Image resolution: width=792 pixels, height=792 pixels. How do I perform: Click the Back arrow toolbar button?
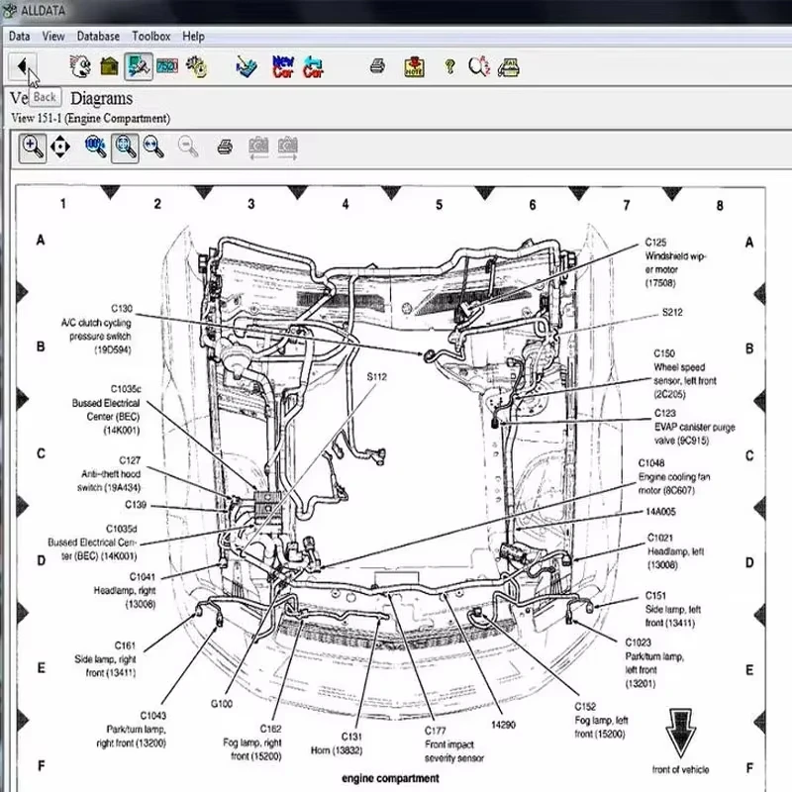click(x=22, y=66)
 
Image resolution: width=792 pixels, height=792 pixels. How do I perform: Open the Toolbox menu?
click(x=151, y=36)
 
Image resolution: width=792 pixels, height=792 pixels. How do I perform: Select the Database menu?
click(x=98, y=36)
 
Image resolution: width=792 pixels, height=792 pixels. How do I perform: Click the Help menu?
click(x=194, y=36)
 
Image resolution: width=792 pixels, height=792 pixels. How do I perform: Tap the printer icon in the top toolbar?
click(x=377, y=66)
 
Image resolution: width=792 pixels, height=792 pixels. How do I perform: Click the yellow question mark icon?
click(x=449, y=66)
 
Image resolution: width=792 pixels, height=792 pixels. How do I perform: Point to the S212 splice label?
click(x=673, y=312)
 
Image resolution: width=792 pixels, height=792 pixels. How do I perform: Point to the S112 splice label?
click(x=376, y=377)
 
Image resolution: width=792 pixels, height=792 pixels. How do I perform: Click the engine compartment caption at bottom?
click(x=390, y=778)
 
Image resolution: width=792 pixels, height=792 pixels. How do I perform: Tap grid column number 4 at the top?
click(x=346, y=204)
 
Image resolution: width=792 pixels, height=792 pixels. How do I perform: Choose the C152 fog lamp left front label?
click(x=601, y=720)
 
